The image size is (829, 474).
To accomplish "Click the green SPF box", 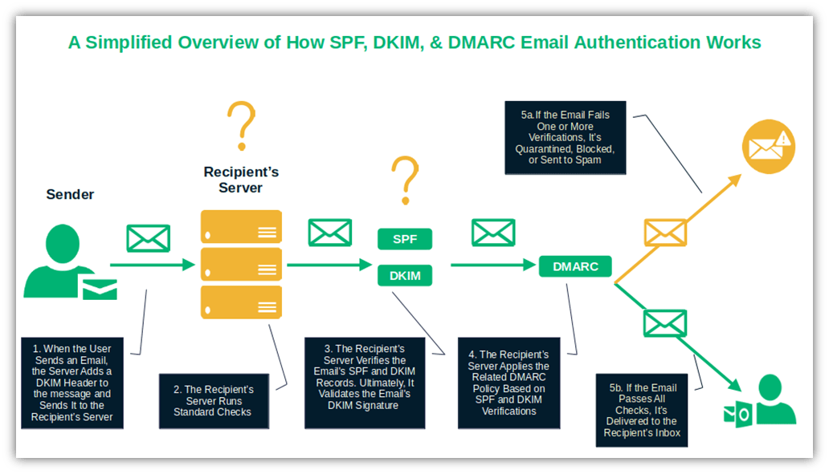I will point(405,239).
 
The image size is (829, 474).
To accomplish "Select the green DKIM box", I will point(405,276).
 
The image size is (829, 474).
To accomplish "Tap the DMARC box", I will point(575,267).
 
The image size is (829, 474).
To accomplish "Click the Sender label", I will point(70,195).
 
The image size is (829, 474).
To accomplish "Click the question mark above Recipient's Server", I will point(240,126).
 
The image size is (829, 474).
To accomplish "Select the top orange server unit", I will point(241,226).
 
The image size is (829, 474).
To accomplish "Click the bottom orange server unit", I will point(241,302).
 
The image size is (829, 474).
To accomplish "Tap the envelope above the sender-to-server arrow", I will point(149,238).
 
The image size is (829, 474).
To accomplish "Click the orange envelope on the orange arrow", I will point(665,233).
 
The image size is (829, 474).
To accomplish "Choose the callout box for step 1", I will point(72,383).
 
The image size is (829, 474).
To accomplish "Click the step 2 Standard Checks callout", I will point(213,400).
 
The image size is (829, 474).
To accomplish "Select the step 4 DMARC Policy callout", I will point(508,382).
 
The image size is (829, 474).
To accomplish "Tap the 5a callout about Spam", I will point(566,138).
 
